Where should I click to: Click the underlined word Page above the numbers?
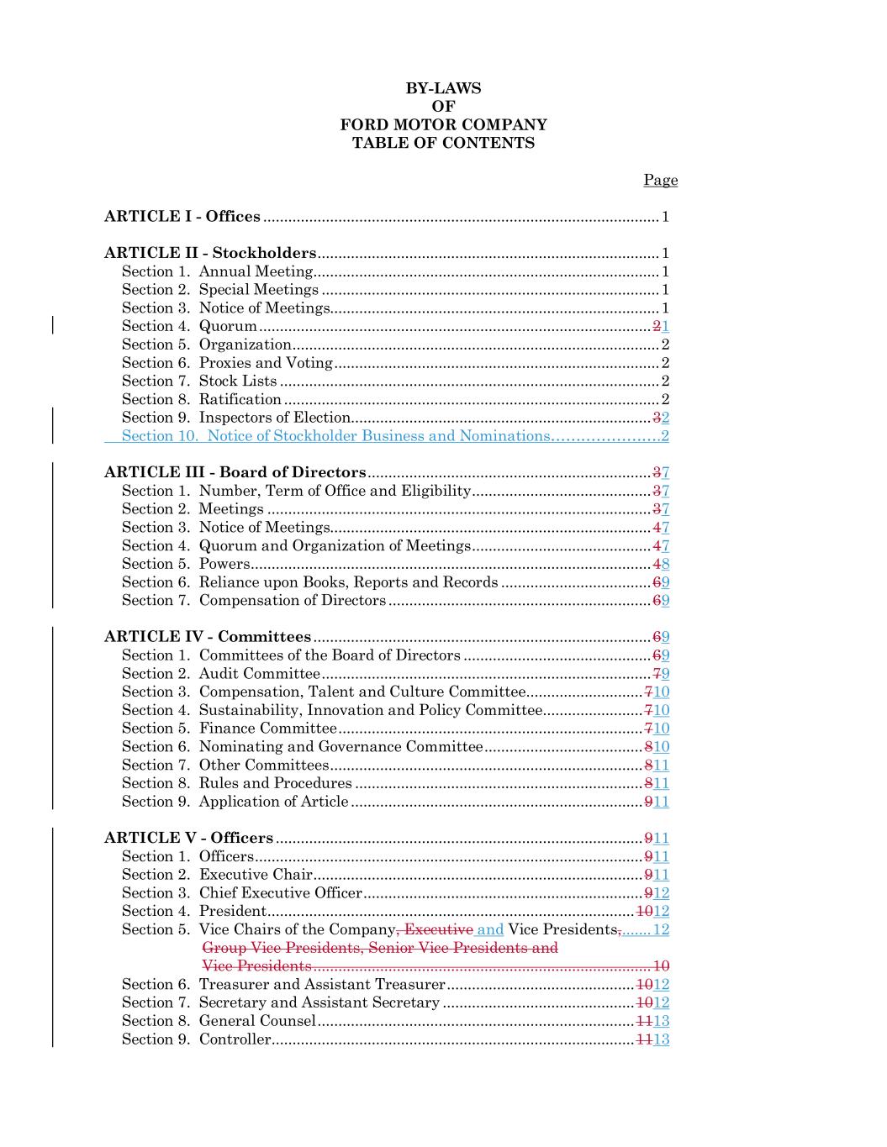660,180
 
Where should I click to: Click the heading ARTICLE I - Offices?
182,217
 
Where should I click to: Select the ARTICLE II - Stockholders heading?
210,253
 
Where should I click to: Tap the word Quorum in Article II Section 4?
228,326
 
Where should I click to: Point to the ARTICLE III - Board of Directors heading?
235,472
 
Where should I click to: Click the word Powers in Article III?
224,564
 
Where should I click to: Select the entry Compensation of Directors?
292,601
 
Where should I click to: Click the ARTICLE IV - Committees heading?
208,637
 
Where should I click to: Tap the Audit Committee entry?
259,674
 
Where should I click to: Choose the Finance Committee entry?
267,729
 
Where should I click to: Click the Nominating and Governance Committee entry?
341,747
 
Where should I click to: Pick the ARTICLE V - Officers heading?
188,838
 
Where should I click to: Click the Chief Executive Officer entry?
280,893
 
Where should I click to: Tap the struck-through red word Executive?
438,929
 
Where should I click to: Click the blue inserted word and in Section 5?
490,929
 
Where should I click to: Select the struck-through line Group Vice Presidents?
380,948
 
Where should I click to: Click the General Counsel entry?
257,1021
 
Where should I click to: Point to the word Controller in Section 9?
235,1039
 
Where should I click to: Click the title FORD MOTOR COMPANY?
443,124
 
